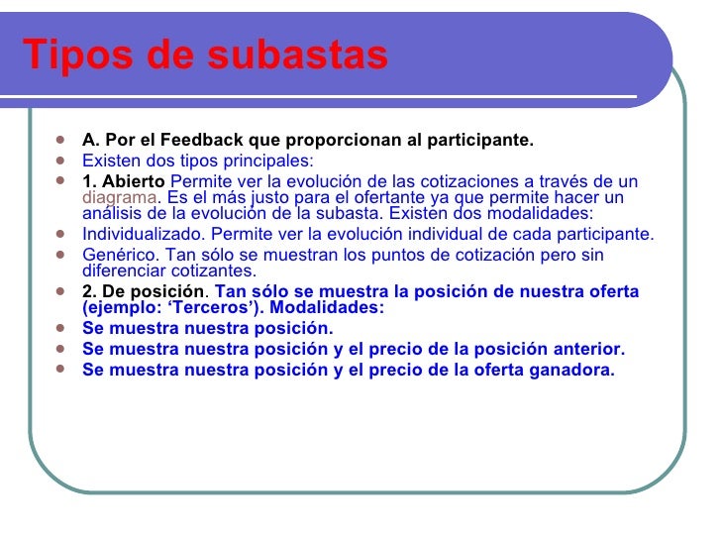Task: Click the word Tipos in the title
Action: click(x=61, y=55)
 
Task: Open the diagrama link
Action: click(x=115, y=197)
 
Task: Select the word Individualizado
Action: click(x=141, y=235)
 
